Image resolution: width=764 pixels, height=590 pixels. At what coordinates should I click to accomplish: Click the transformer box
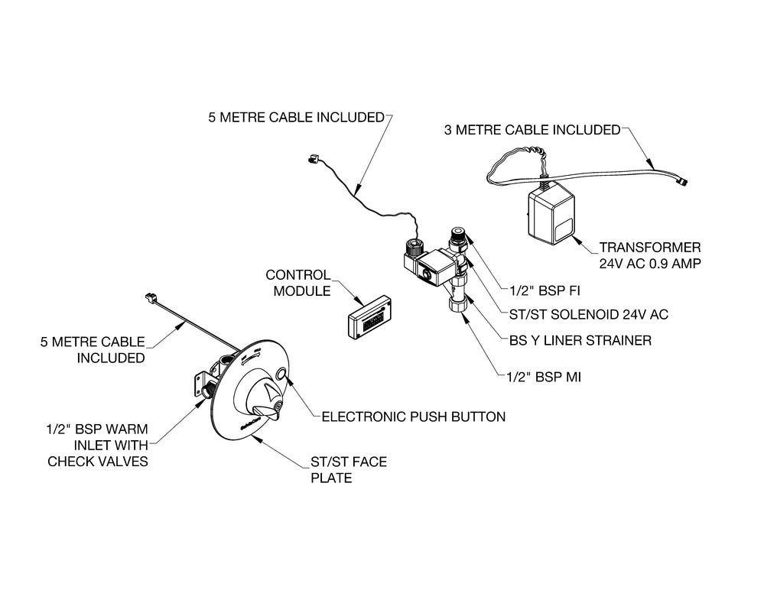(x=552, y=213)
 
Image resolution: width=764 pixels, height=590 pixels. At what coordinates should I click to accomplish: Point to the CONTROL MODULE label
(x=297, y=282)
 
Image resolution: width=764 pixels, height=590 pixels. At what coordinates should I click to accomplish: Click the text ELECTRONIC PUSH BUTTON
(x=413, y=417)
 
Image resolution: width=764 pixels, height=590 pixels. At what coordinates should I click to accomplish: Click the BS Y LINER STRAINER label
(x=581, y=340)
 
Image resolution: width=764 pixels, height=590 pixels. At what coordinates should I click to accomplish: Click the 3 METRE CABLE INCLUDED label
(x=532, y=130)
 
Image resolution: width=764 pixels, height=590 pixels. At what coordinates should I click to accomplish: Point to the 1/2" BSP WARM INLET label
(x=93, y=444)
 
